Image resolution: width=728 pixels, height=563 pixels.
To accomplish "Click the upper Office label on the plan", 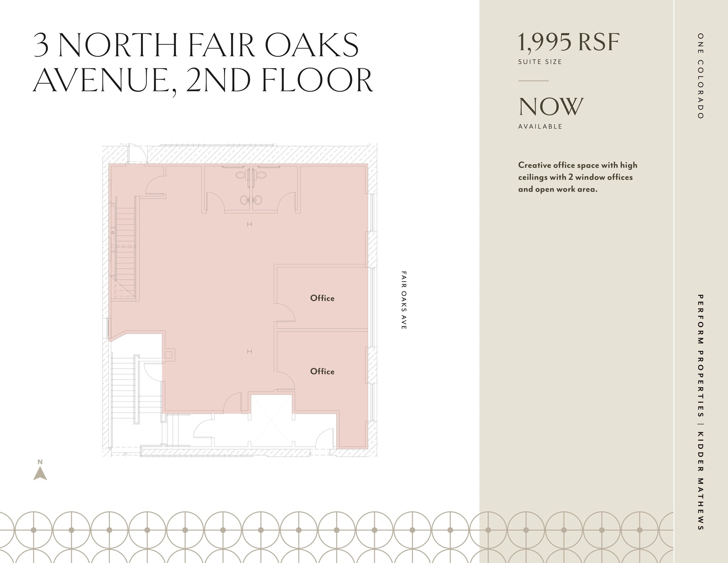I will [322, 298].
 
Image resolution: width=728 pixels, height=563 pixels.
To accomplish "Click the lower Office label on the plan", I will [322, 371].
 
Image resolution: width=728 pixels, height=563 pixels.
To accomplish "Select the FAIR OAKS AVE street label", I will [403, 300].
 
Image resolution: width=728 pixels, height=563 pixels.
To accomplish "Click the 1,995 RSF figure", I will [568, 42].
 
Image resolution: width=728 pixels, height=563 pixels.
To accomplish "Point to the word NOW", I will [551, 106].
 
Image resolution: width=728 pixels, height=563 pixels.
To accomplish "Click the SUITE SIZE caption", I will [540, 62].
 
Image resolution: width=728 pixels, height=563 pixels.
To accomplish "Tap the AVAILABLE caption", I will [540, 127].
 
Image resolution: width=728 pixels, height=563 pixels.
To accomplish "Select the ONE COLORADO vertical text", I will [700, 76].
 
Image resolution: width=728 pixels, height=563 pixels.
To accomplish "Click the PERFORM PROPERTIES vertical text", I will [700, 356].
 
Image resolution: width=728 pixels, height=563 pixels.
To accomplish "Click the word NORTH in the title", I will [118, 45].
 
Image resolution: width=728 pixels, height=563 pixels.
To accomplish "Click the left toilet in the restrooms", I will [241, 175].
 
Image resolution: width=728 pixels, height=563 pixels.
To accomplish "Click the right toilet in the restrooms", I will [262, 175].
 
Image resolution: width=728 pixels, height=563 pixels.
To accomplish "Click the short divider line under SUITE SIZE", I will [533, 81].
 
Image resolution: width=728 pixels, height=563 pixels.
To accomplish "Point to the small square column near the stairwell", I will [168, 355].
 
